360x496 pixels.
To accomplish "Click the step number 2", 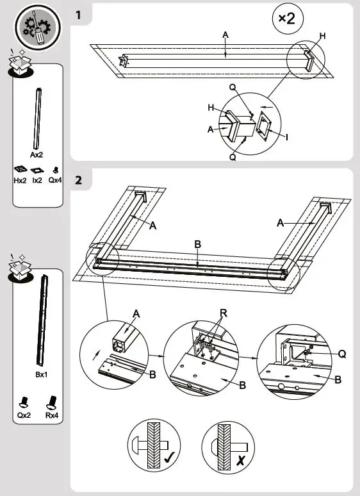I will click(79, 179).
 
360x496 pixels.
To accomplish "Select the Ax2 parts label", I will click(37, 154).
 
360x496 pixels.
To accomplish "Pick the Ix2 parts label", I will click(38, 181).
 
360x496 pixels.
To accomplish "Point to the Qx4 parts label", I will click(55, 181).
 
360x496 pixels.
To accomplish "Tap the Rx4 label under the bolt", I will click(51, 415).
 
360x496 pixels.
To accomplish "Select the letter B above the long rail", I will click(198, 244).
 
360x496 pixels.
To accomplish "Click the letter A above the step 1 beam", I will click(225, 35).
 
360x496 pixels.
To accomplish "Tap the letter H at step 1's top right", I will click(322, 37).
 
